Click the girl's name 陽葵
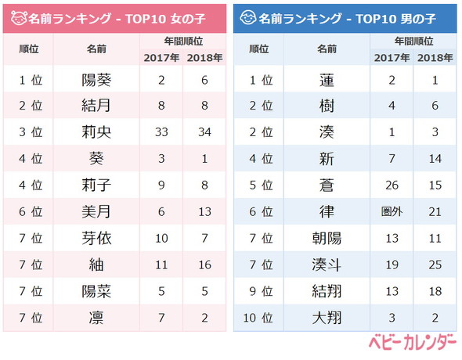pyautogui.click(x=96, y=79)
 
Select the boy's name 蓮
pyautogui.click(x=327, y=79)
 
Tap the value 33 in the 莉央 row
pyautogui.click(x=162, y=132)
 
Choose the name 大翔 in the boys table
pyautogui.click(x=327, y=319)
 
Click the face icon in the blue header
pyautogui.click(x=248, y=16)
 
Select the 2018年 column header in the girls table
pyautogui.click(x=206, y=56)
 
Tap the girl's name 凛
pyautogui.click(x=96, y=319)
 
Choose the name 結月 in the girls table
pyautogui.click(x=96, y=106)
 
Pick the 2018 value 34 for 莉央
pyautogui.click(x=206, y=132)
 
